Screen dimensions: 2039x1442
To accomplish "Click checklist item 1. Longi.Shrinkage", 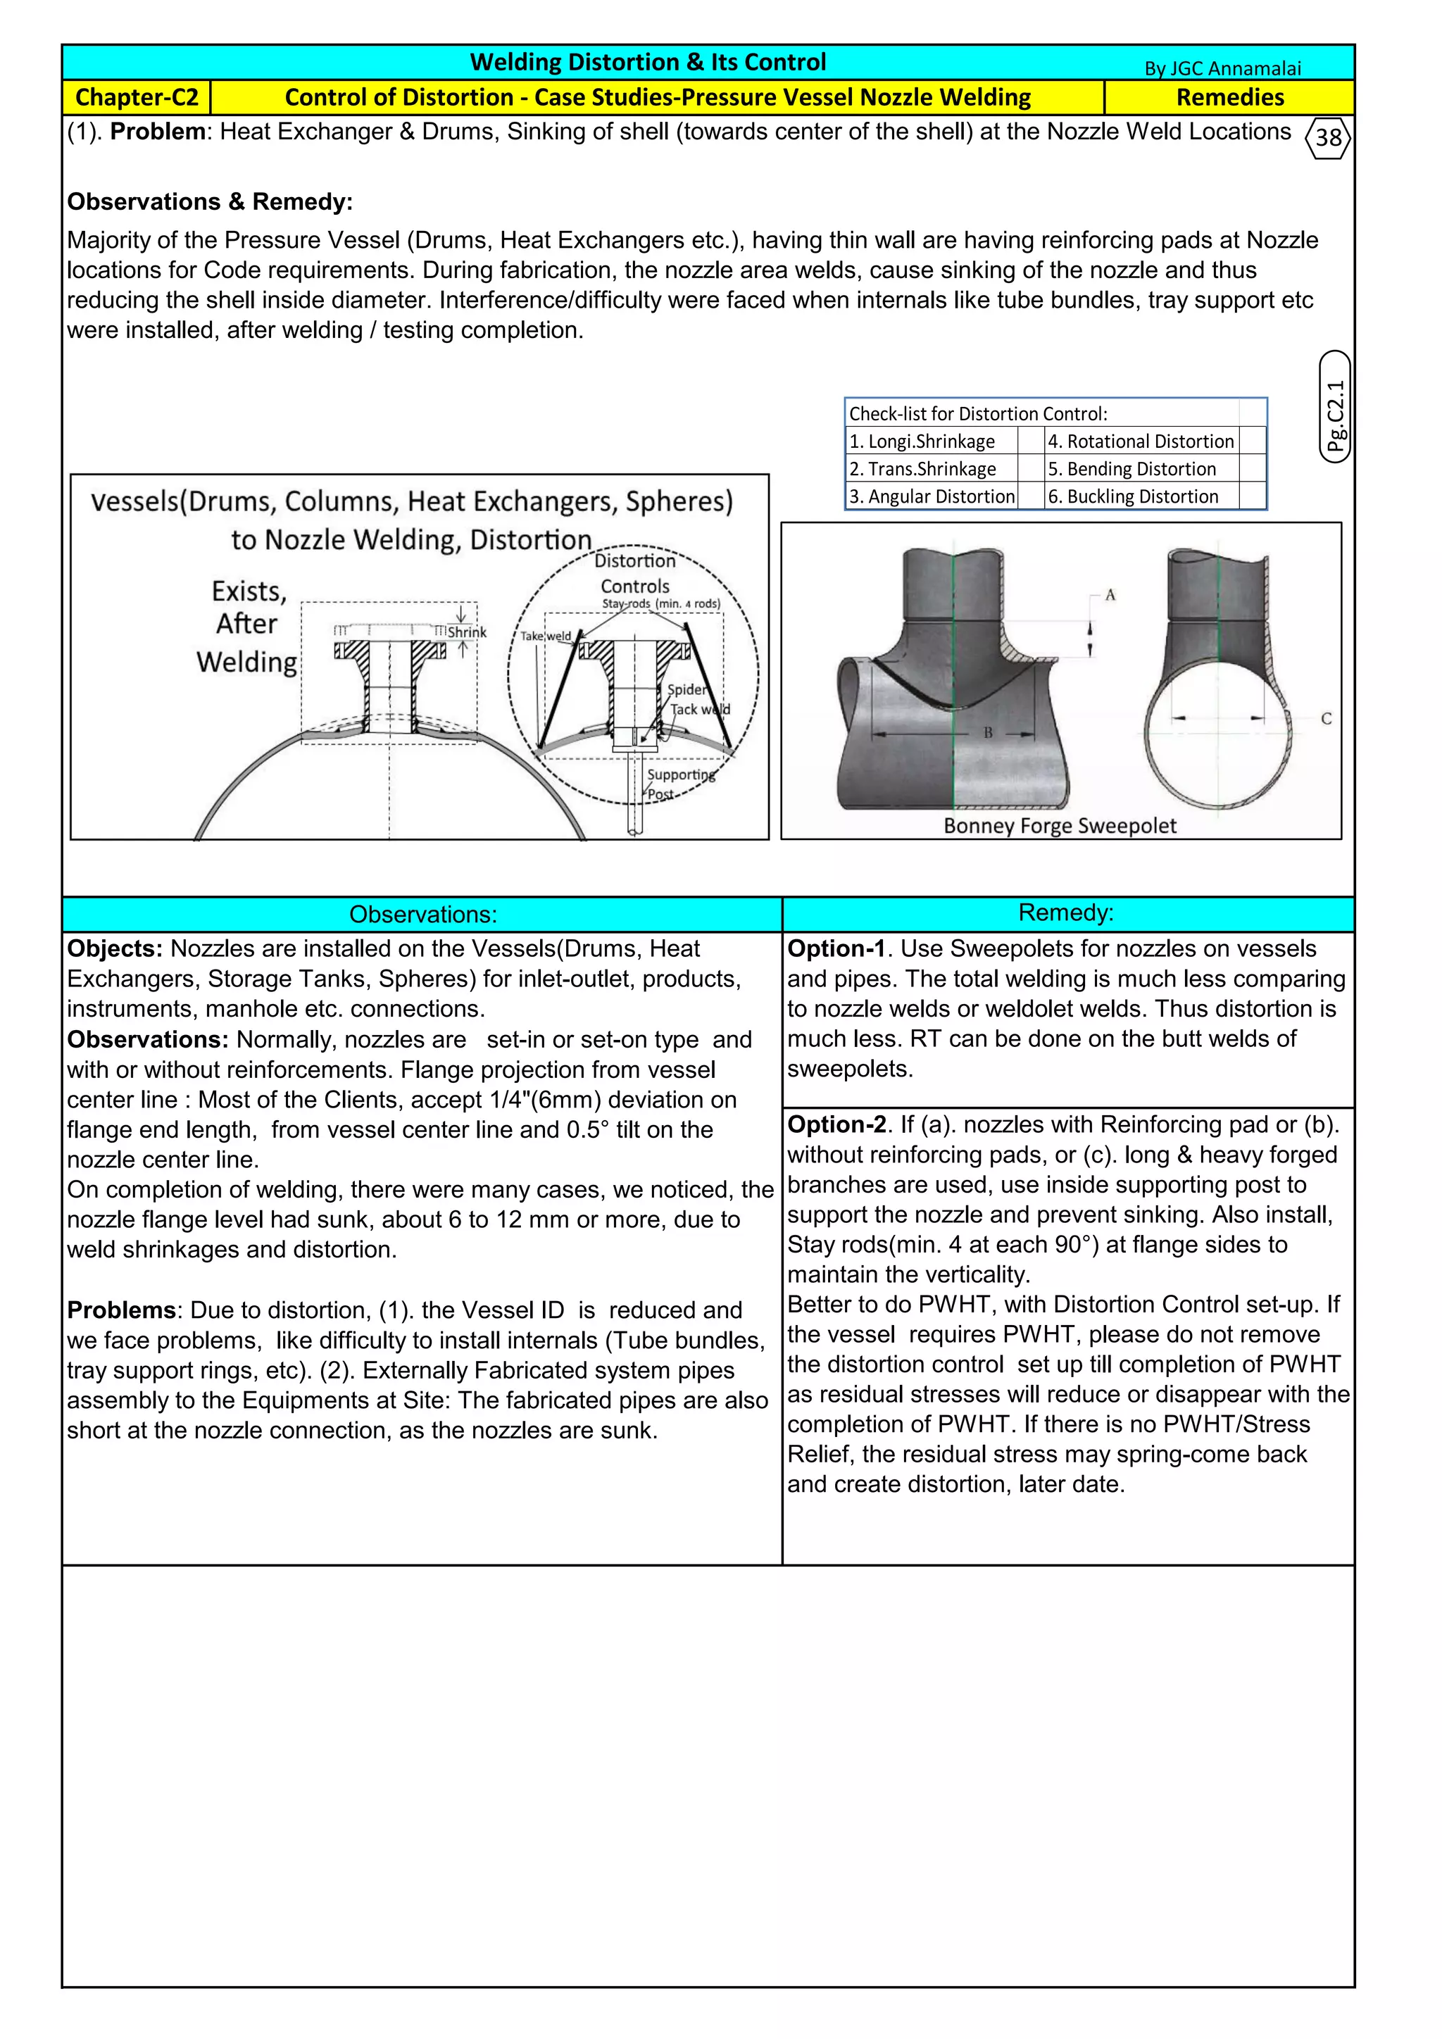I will pos(922,441).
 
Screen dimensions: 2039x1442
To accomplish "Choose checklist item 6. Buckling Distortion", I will pos(1133,496).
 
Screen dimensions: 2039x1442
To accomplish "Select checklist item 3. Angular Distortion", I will pos(932,496).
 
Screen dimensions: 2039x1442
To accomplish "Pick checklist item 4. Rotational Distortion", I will pos(1141,441).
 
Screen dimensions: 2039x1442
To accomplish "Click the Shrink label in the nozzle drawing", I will pos(467,632).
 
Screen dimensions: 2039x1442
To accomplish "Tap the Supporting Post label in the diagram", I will pos(679,783).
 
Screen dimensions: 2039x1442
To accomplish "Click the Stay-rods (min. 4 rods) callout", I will pos(660,604).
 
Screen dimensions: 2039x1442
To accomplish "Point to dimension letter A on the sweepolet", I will pos(1110,595).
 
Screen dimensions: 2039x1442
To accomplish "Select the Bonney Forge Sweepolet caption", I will pos(1059,826).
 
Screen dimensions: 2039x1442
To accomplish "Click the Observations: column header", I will pos(422,915).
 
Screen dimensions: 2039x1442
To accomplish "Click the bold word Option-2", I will pos(836,1124).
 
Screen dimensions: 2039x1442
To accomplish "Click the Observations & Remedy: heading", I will pos(210,201).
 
